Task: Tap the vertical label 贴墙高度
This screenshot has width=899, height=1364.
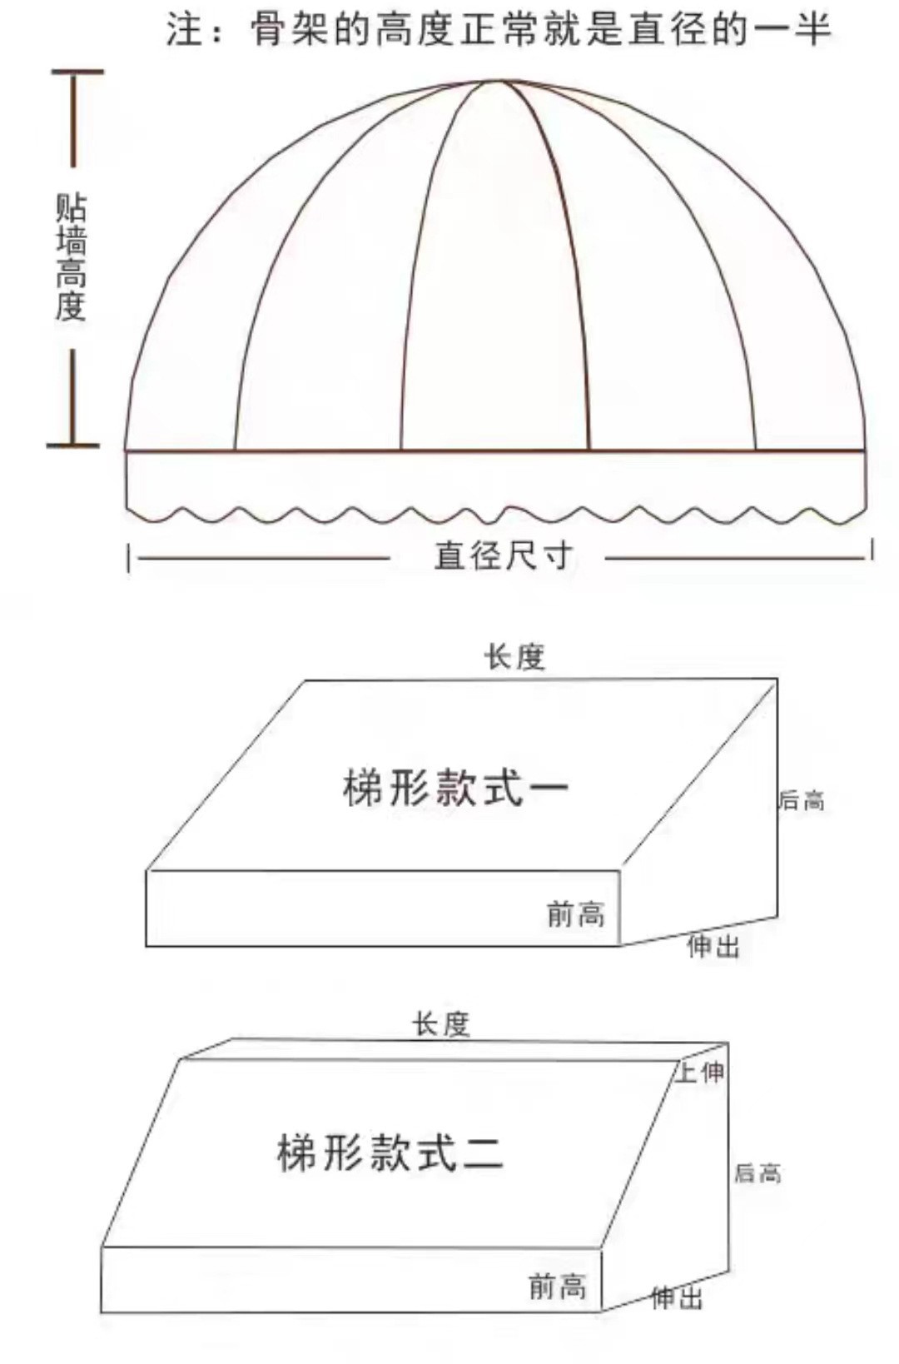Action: click(72, 257)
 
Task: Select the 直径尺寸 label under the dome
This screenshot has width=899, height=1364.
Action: click(504, 555)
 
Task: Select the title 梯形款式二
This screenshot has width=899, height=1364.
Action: click(390, 1153)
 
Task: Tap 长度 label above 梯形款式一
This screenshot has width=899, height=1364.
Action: click(514, 657)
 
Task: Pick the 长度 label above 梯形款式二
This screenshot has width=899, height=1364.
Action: click(441, 1024)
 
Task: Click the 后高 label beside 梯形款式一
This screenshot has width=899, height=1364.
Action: click(801, 800)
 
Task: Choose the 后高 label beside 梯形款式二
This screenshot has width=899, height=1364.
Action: click(757, 1173)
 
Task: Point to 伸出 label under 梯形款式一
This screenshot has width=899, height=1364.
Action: click(713, 946)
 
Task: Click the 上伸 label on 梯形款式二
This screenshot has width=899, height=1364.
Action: click(700, 1072)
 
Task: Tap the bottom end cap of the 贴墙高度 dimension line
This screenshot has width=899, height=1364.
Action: click(73, 446)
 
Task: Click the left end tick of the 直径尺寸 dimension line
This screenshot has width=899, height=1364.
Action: click(129, 558)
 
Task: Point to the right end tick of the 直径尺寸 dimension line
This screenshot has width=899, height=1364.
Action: click(872, 550)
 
